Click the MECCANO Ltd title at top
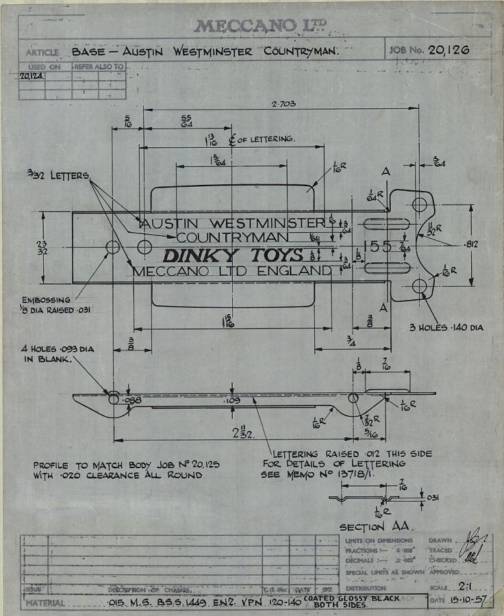pos(261,26)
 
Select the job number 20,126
pos(449,50)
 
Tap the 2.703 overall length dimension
pos(284,103)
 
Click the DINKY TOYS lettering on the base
pos(232,255)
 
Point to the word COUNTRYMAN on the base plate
pos(232,238)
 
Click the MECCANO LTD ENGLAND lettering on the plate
pos(232,271)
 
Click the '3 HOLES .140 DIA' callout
pos(446,328)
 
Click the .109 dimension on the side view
pos(232,399)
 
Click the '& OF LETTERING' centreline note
pos(260,139)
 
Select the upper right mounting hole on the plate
pos(419,204)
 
